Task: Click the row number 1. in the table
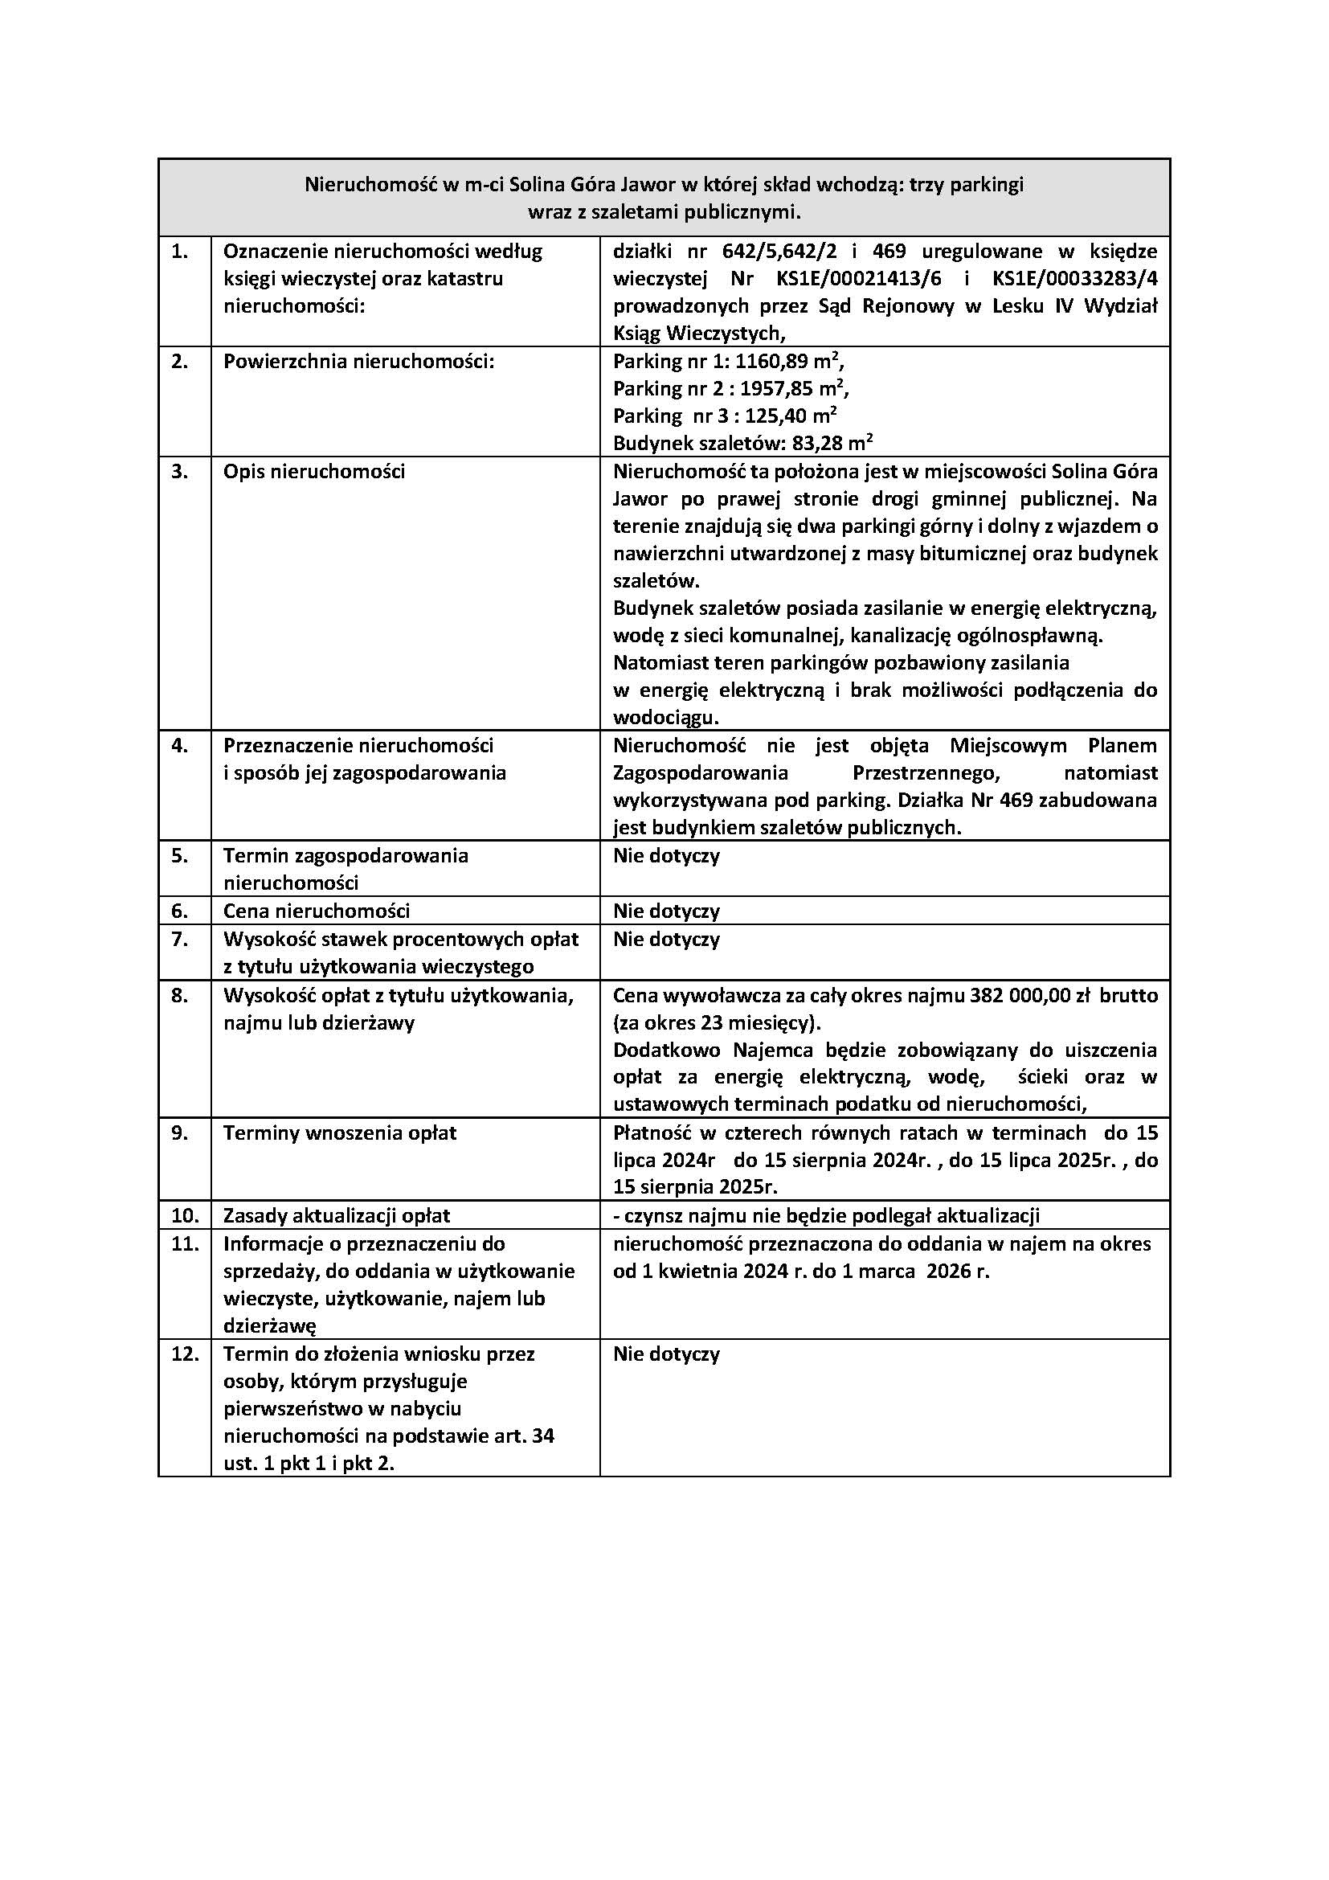[x=179, y=252]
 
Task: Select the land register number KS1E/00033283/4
[x=1074, y=279]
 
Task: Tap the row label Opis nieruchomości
[x=314, y=472]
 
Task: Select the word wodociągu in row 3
[x=665, y=718]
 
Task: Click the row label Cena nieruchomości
[x=317, y=911]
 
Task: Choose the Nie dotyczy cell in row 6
[x=666, y=911]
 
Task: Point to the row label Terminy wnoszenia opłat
[x=340, y=1133]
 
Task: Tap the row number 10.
[x=185, y=1216]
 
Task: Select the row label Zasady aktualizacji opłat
[x=337, y=1216]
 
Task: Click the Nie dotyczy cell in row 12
[x=666, y=1354]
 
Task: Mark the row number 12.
[x=185, y=1354]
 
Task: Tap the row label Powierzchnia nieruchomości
[x=359, y=362]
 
